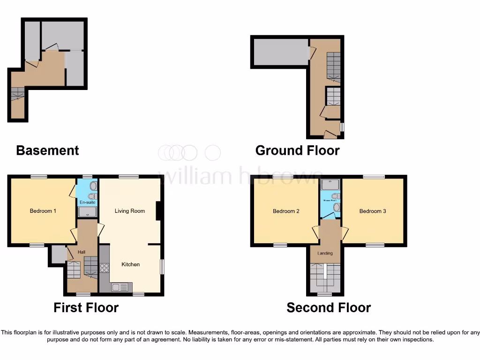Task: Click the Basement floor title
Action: point(47,150)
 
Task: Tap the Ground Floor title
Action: point(297,150)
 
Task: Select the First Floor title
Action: point(86,307)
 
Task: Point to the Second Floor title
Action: point(329,307)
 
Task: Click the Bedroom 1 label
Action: point(43,211)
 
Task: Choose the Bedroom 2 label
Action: point(286,211)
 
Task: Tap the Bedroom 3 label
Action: point(373,211)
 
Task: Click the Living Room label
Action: point(130,211)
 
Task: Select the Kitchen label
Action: point(131,264)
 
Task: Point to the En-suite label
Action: point(87,202)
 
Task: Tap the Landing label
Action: point(325,253)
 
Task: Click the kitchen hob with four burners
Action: point(104,269)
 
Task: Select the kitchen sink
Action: point(120,287)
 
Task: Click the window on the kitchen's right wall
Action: point(162,267)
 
